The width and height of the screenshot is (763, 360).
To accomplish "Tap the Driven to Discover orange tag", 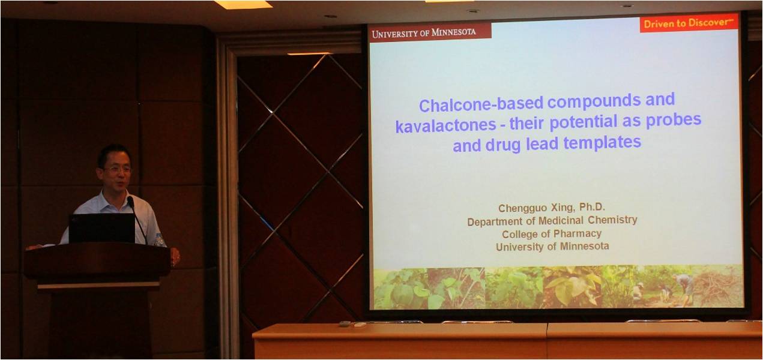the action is [689, 23].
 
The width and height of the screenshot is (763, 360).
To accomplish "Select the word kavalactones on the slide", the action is [445, 125].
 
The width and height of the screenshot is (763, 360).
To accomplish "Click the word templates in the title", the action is [602, 142].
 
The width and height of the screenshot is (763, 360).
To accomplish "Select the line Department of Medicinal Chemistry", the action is [552, 221].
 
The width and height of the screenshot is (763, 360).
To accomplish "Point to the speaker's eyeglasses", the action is [117, 169].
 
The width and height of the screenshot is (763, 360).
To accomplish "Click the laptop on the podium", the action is [102, 228].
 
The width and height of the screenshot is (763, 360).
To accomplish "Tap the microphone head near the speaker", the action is [130, 202].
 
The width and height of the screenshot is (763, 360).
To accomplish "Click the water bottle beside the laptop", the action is [158, 239].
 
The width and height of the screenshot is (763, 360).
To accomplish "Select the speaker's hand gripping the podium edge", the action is [175, 256].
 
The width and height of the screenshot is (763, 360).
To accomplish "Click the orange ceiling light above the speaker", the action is [244, 4].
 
